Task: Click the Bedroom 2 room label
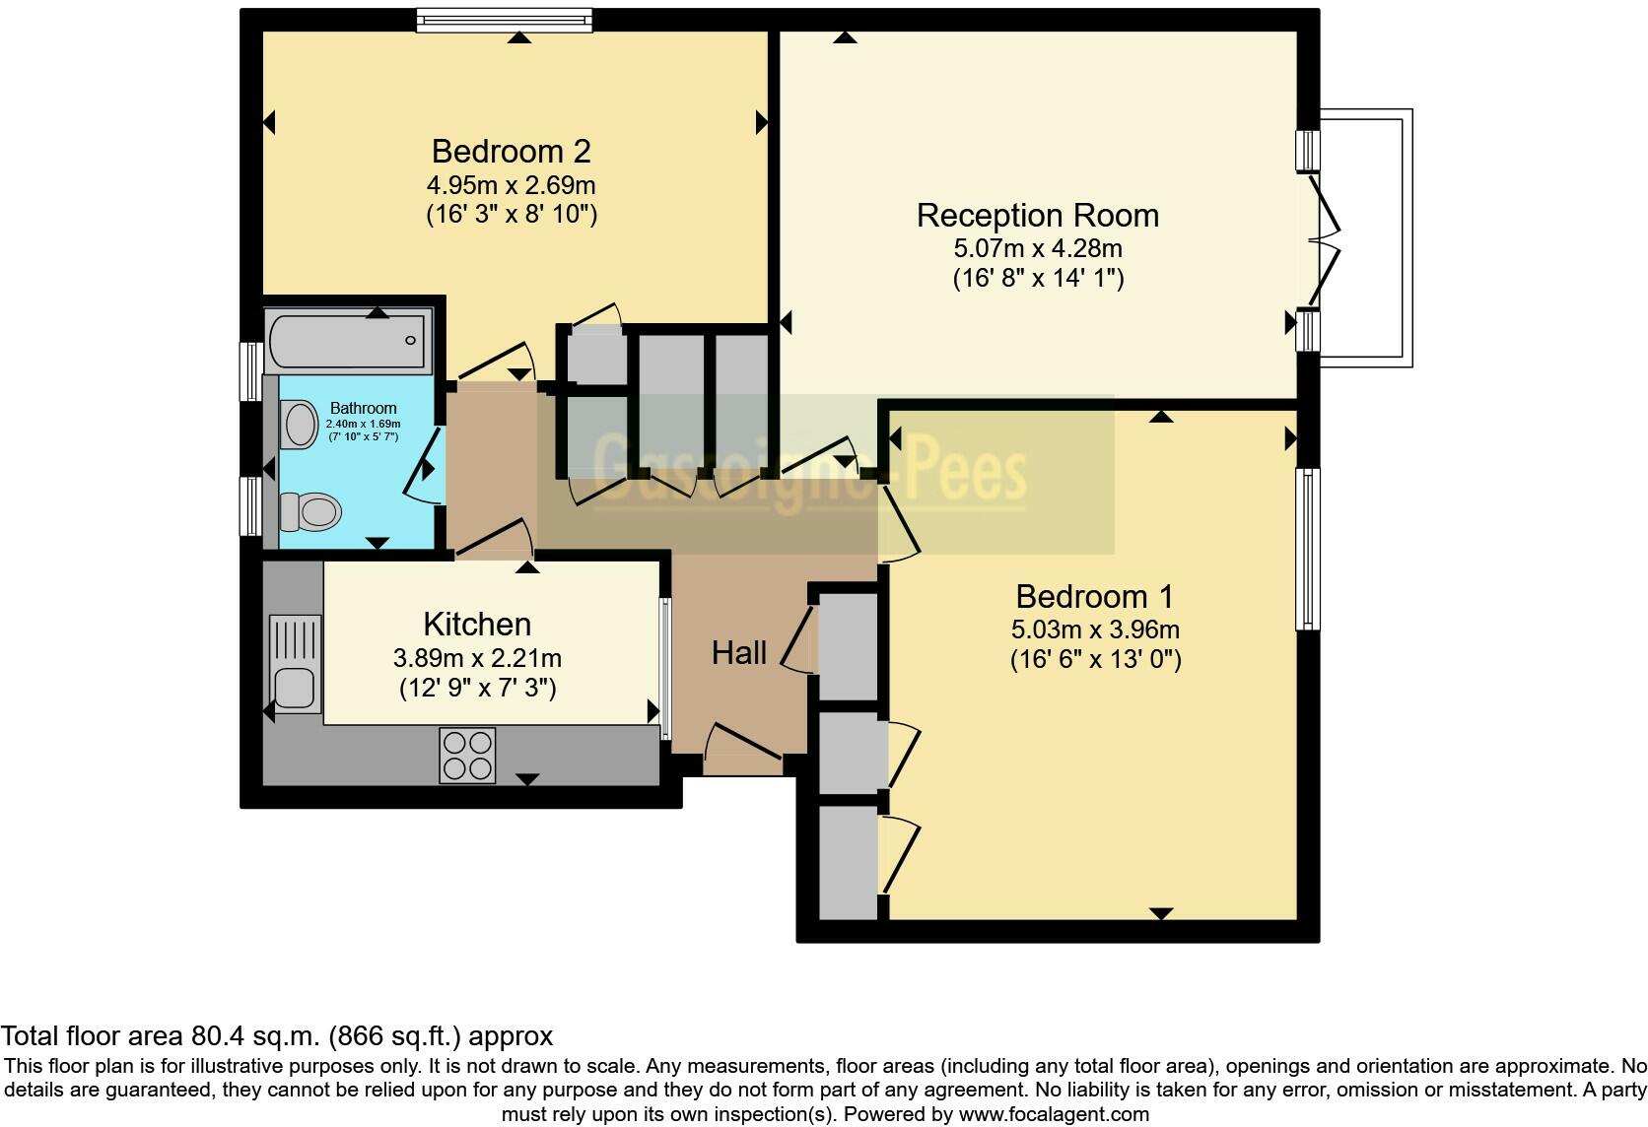pos(511,151)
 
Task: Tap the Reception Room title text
pos(1037,215)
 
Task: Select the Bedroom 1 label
pos(1094,596)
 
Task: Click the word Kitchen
pos(477,624)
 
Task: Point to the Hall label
pos(738,652)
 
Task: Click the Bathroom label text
pos(363,408)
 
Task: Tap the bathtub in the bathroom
pos(347,340)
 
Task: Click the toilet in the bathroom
pos(311,512)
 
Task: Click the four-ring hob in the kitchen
pos(467,756)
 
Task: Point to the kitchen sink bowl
pos(294,687)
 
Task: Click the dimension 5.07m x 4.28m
pos(1037,248)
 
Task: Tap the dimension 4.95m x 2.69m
pos(511,184)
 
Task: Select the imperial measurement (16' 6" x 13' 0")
pos(1094,659)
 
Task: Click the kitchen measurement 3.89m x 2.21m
pos(477,657)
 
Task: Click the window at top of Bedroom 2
pos(504,21)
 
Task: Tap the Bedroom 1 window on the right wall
pos(1307,548)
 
